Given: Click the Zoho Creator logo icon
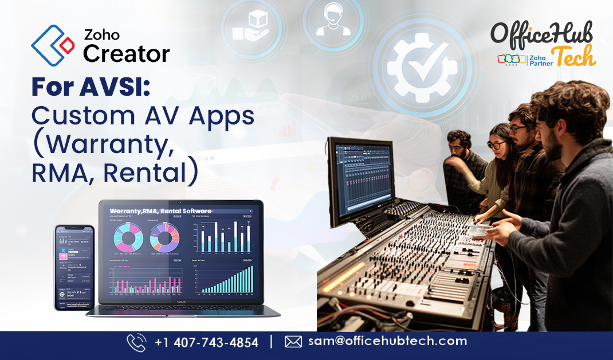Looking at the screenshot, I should point(53,45).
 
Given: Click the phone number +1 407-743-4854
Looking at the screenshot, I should point(206,342).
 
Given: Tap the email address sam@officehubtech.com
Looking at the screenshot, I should point(387,341).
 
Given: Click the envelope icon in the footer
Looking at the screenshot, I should point(293,342).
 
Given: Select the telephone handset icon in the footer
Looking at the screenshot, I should point(136,342).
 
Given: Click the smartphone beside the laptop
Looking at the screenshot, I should point(74,267).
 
